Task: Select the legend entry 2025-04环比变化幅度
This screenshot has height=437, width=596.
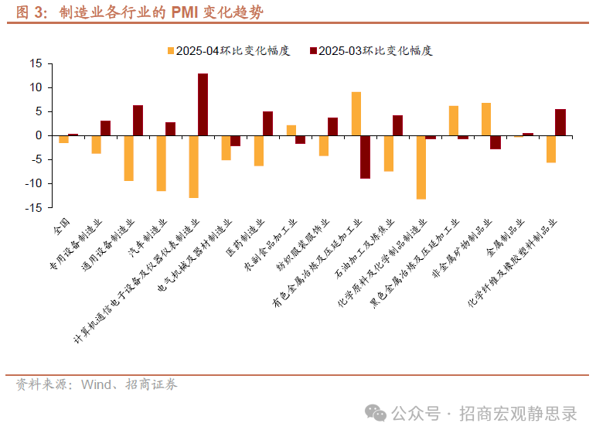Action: tap(227, 51)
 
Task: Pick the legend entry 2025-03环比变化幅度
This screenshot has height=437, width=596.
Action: tap(370, 51)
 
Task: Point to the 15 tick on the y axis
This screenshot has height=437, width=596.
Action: tap(35, 63)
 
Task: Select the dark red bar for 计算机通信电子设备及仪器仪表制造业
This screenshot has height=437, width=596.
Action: tap(203, 104)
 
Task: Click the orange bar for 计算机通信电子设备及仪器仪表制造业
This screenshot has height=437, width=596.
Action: tap(193, 166)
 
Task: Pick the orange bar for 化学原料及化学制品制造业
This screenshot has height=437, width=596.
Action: tap(421, 167)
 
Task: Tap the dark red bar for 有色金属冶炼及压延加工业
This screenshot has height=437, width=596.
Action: tap(366, 157)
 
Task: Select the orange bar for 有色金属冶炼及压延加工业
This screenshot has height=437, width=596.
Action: tap(356, 114)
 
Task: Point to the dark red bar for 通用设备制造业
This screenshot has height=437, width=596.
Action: tap(138, 120)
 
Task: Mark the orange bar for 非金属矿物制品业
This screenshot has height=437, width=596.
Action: tap(485, 119)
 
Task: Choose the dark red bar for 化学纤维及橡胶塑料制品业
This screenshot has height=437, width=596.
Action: tap(560, 122)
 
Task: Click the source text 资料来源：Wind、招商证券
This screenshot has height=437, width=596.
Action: tap(97, 384)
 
